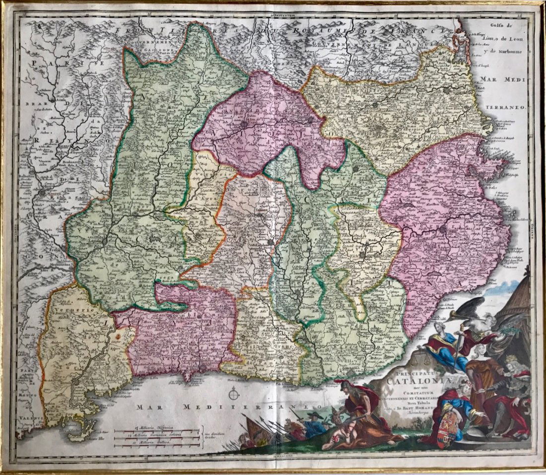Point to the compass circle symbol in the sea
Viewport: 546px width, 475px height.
[234, 395]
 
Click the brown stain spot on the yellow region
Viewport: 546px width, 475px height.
[118, 336]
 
